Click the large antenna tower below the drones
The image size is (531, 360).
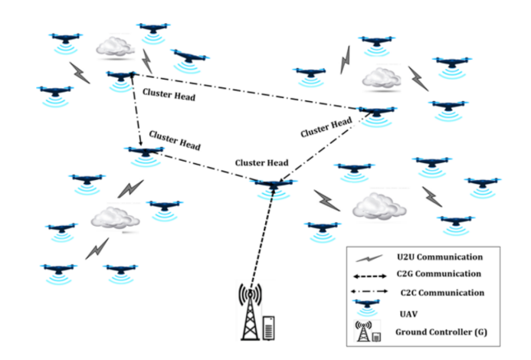click(249, 313)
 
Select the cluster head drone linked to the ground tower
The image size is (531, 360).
click(273, 186)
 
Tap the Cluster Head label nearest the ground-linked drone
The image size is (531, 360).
click(261, 162)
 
